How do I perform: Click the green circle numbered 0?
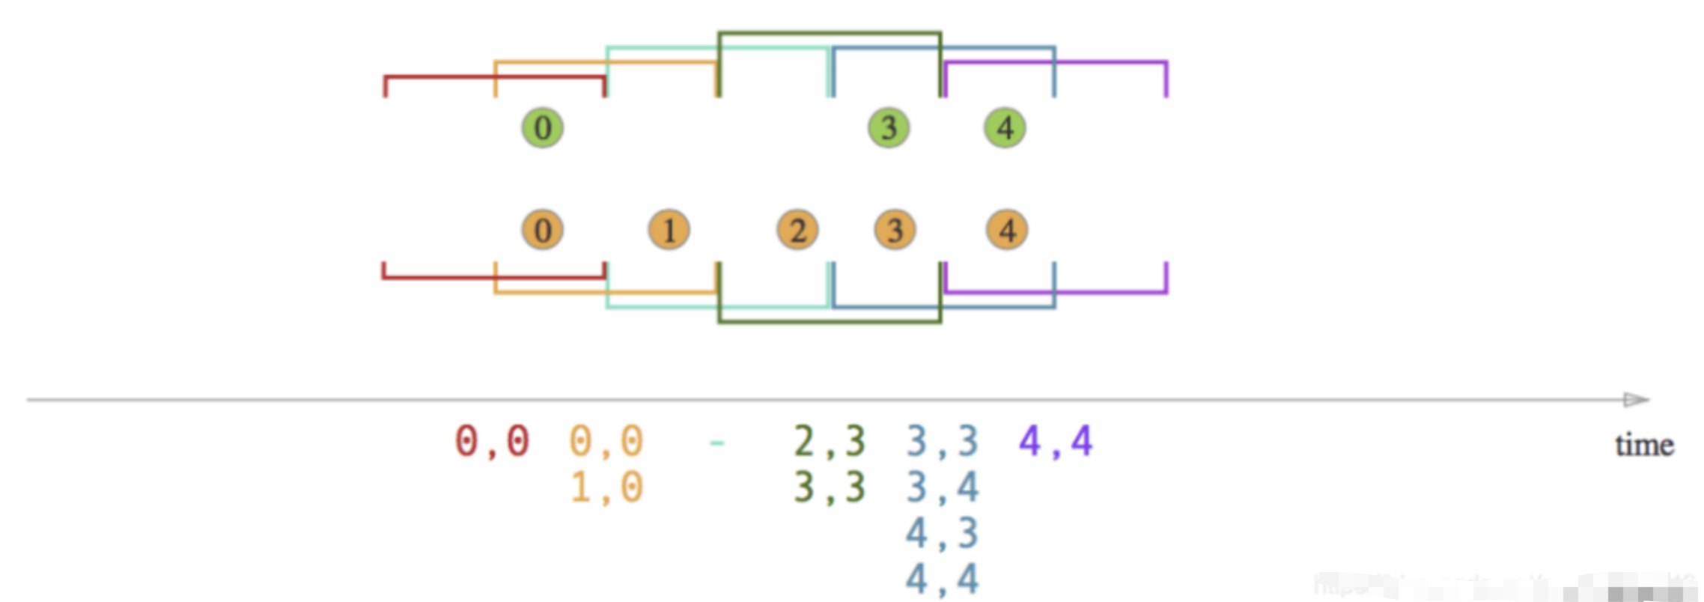[543, 127]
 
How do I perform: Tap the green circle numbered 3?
[889, 127]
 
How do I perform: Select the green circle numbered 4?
[1005, 127]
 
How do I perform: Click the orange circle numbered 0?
[543, 230]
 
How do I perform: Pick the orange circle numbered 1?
[669, 230]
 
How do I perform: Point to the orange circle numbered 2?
[797, 230]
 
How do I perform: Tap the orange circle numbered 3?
[895, 230]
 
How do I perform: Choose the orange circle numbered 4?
[1007, 230]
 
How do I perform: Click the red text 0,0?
[492, 441]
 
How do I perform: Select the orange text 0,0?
[606, 441]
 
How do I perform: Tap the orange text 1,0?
[606, 487]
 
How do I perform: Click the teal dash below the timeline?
[716, 443]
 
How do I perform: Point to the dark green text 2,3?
[830, 441]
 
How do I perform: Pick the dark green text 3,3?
[830, 487]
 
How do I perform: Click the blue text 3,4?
[943, 487]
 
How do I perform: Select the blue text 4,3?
[943, 534]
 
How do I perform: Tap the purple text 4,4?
[1056, 441]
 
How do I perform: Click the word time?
[1644, 446]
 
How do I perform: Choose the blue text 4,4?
[943, 580]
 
